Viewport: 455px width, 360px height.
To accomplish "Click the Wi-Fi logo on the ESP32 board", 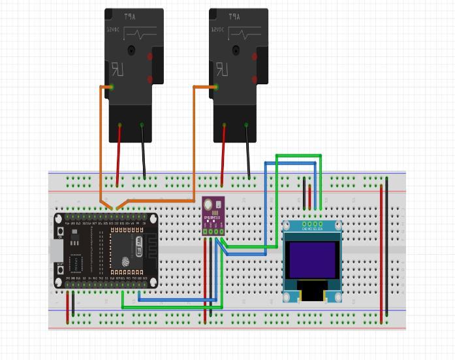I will click(138, 246).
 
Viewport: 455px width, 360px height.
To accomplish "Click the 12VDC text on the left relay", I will click(114, 29).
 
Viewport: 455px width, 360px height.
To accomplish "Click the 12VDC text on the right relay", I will click(218, 29).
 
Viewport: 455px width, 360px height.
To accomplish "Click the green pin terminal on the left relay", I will click(112, 87).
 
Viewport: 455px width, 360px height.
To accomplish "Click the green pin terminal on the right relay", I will click(216, 87).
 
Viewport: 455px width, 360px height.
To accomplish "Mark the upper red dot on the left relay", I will click(150, 57).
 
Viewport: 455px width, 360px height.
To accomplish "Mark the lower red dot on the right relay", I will click(255, 79).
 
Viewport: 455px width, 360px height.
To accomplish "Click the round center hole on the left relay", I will click(131, 50).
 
